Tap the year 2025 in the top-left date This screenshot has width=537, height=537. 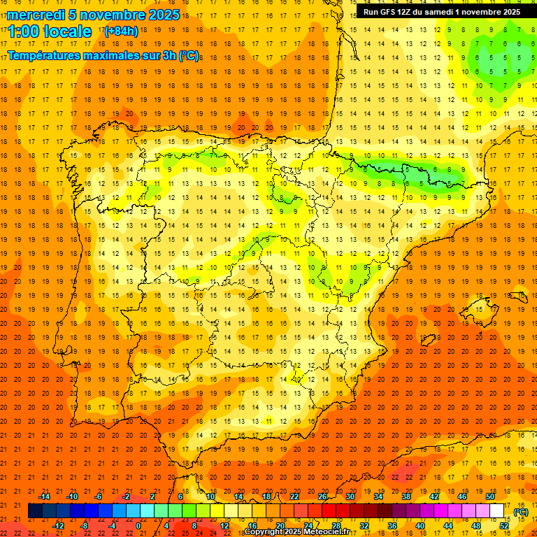160,15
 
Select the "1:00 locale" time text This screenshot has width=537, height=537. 50,31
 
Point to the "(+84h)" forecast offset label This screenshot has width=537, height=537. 121,31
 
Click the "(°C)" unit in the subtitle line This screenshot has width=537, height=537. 187,55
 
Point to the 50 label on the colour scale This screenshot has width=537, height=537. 490,496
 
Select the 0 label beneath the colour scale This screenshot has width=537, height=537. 138,526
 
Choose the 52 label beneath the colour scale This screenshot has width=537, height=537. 504,526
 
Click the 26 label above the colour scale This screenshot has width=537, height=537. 322,496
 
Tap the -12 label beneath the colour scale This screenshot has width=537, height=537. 58,526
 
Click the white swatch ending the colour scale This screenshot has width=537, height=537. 496,511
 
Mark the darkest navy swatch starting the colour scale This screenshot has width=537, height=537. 35,511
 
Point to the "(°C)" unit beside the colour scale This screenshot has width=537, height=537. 521,512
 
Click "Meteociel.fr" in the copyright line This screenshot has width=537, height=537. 325,532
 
